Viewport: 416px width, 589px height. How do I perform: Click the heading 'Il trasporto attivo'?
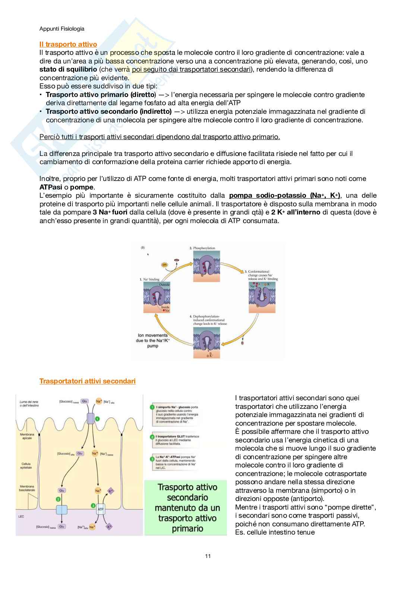pyautogui.click(x=68, y=44)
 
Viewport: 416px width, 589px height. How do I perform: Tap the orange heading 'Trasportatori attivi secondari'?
pyautogui.click(x=87, y=381)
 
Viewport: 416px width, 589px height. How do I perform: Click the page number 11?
pyautogui.click(x=208, y=556)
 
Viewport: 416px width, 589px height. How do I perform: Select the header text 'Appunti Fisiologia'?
pyautogui.click(x=62, y=29)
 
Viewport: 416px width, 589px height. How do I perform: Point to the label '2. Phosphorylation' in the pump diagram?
pyautogui.click(x=202, y=248)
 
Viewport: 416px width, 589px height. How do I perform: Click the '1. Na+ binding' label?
pyautogui.click(x=149, y=279)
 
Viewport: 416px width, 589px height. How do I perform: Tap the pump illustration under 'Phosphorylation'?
pyautogui.click(x=207, y=266)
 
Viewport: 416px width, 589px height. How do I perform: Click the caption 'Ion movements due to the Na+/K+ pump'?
pyautogui.click(x=153, y=341)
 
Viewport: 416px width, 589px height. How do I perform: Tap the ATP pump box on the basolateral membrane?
pyautogui.click(x=101, y=509)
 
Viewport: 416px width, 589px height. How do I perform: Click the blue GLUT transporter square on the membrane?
pyautogui.click(x=62, y=510)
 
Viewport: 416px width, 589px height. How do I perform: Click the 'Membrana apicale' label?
pyautogui.click(x=27, y=436)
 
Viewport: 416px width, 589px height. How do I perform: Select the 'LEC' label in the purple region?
pyautogui.click(x=21, y=516)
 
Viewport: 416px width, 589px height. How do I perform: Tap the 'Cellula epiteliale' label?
pyautogui.click(x=26, y=466)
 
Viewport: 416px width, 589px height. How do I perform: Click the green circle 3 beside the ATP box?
pyautogui.click(x=93, y=505)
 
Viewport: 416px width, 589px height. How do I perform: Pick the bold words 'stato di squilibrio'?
pyautogui.click(x=68, y=69)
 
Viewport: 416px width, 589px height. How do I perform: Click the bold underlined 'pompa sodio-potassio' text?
pyautogui.click(x=268, y=195)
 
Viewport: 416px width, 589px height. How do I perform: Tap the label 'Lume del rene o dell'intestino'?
pyautogui.click(x=29, y=404)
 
